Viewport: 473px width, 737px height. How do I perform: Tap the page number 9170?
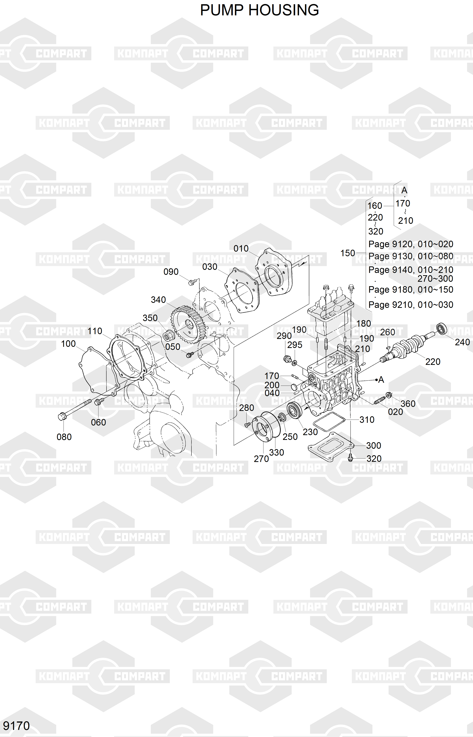point(16,726)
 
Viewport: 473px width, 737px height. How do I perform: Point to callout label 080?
point(64,437)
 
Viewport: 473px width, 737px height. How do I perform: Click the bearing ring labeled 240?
point(442,329)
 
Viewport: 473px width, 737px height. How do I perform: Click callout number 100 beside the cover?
point(68,344)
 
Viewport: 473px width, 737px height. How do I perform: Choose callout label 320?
point(374,459)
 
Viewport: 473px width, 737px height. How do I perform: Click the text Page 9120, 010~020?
point(411,244)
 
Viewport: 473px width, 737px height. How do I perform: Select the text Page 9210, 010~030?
point(411,305)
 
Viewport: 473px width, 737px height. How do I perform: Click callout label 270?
point(261,459)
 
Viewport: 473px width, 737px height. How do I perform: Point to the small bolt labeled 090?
point(192,281)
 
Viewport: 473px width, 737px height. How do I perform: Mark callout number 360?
point(408,404)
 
